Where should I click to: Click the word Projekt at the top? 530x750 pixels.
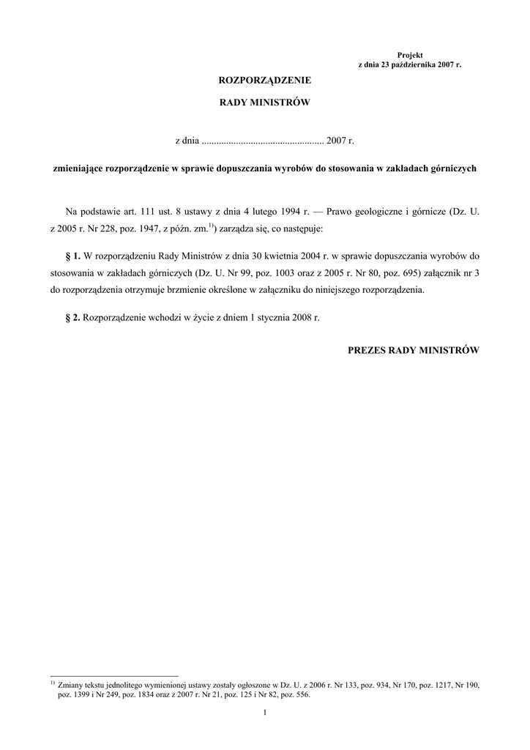click(x=410, y=56)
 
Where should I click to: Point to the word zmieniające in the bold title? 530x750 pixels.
click(x=78, y=168)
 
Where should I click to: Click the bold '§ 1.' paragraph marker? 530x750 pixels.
click(x=72, y=256)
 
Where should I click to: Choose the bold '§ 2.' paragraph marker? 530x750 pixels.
click(x=72, y=319)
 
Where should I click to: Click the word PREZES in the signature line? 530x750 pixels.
click(x=366, y=350)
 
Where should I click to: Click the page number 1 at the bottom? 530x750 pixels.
click(x=265, y=713)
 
